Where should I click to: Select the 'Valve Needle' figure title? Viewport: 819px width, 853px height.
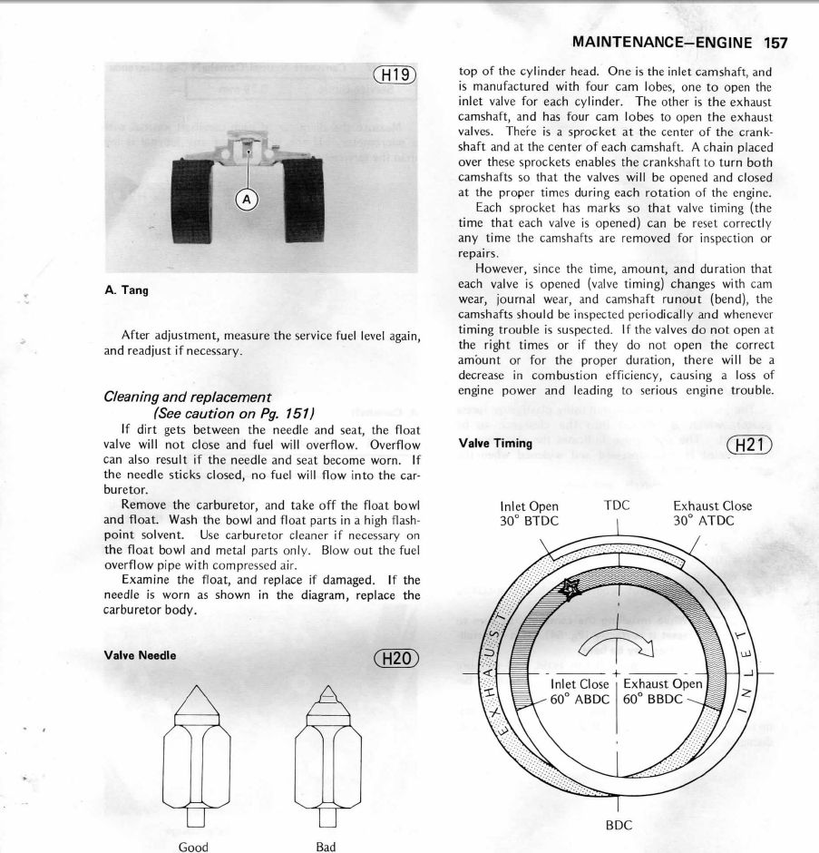point(141,655)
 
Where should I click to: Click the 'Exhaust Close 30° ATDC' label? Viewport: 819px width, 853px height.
point(712,514)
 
